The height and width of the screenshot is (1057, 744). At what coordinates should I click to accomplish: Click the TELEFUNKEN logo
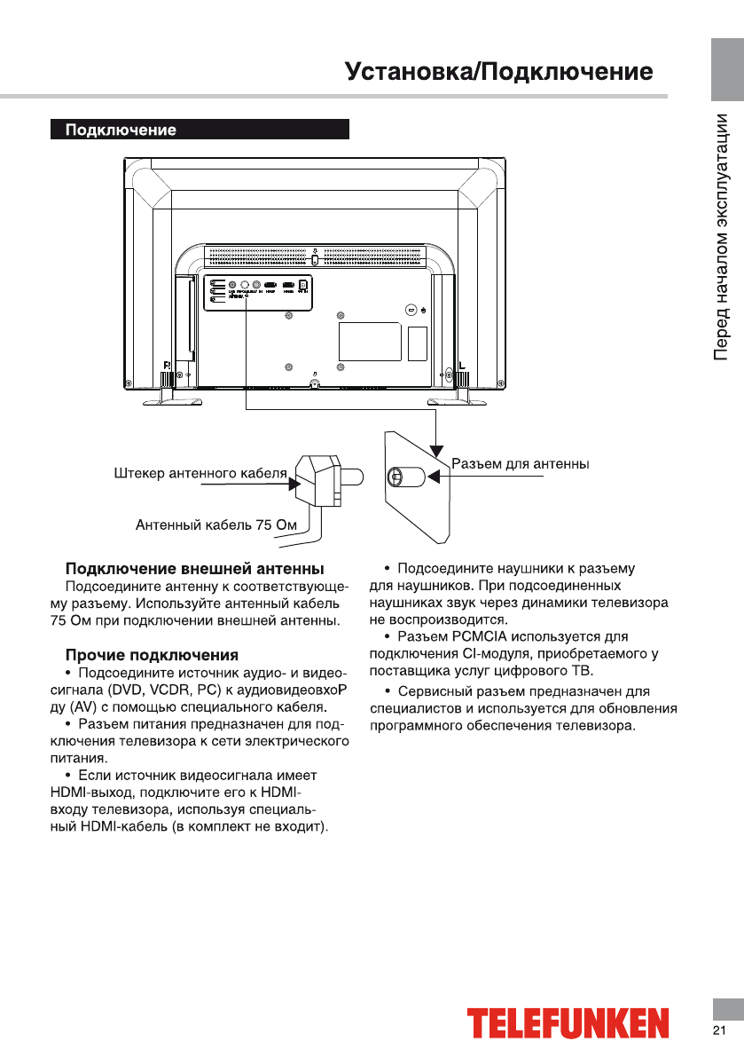pos(568,1023)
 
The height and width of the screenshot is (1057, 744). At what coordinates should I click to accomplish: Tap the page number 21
pos(718,1029)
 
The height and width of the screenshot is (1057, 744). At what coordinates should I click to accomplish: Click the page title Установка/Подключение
pos(499,72)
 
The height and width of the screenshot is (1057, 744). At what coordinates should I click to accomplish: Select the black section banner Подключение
pos(200,130)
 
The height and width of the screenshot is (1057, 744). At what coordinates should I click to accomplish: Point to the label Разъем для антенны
pos(521,464)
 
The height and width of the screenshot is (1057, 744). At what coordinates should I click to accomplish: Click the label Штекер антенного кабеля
pos(200,473)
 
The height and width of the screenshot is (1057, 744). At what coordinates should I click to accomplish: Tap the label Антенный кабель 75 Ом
pos(215,525)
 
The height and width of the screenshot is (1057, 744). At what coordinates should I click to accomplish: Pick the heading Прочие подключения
pos(152,655)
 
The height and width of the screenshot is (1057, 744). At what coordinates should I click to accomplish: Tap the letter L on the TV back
pos(461,364)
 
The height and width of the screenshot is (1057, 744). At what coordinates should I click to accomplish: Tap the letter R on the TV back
pos(167,364)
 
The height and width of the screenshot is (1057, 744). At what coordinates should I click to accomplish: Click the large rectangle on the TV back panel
pos(370,340)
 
